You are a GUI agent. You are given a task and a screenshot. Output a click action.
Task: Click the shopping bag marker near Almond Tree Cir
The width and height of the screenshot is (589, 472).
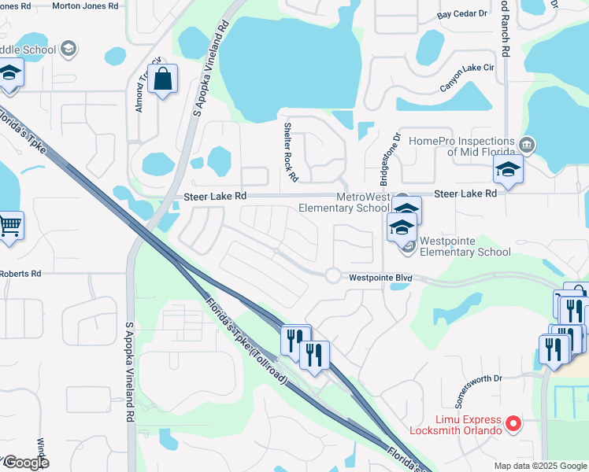[x=162, y=79]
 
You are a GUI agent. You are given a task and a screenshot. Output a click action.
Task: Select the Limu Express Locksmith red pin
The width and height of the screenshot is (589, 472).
[x=513, y=424]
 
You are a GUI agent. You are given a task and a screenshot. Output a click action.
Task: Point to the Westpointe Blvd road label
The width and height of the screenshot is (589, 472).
[x=380, y=278]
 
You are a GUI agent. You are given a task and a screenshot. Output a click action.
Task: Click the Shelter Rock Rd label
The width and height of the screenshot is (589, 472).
[x=291, y=152]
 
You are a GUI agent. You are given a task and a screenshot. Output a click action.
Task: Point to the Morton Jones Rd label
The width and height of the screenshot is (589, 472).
[x=85, y=6]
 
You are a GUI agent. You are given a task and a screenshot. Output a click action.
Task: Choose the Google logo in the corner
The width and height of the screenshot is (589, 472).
[x=26, y=463]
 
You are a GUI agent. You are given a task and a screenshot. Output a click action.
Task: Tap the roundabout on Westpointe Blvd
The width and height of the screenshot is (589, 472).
[x=333, y=275]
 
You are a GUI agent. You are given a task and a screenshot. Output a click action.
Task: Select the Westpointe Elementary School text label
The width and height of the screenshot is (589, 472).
[x=465, y=246]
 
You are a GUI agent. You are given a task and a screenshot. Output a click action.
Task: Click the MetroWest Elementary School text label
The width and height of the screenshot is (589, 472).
[x=343, y=202]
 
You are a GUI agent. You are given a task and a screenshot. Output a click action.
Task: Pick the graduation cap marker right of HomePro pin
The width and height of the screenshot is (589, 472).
[x=508, y=169]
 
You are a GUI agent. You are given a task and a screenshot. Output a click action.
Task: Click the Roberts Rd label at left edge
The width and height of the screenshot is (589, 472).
[x=20, y=274]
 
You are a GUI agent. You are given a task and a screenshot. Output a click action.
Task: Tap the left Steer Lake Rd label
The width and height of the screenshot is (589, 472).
[x=215, y=196]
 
